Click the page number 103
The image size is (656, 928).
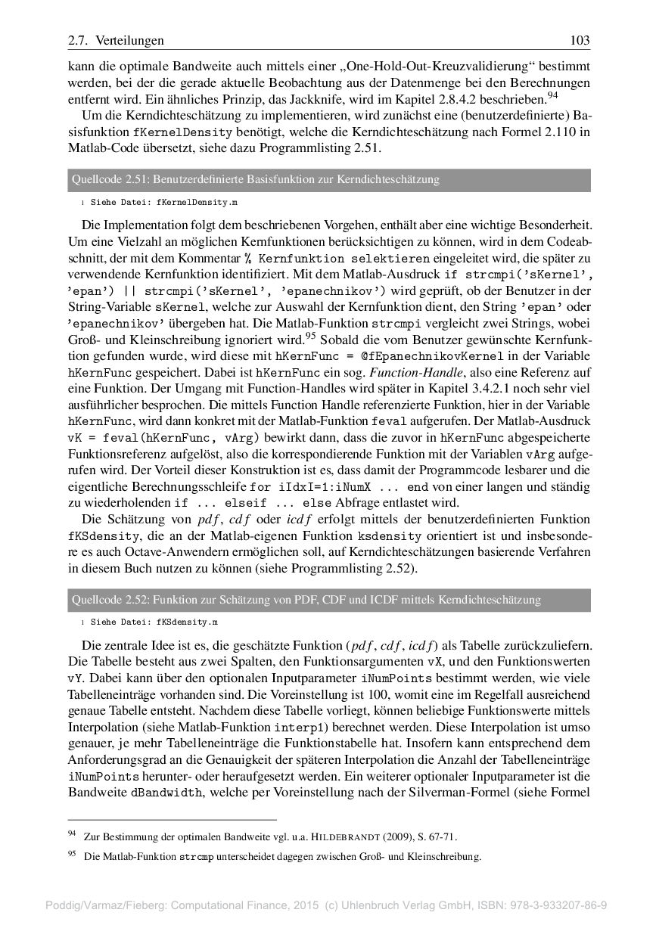point(580,40)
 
